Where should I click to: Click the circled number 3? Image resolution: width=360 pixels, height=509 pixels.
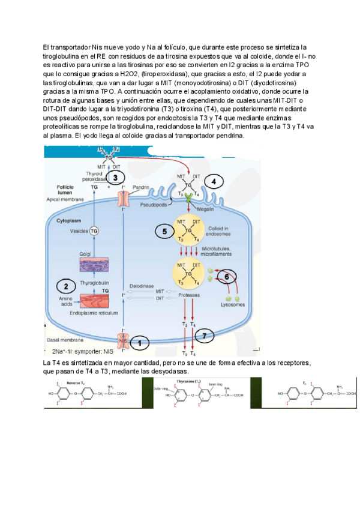pos(115,177)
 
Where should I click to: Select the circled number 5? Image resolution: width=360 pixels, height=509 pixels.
pos(164,230)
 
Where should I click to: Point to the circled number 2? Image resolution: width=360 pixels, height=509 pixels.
pos(66,286)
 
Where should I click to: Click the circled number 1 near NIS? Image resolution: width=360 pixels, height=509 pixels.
pos(140,343)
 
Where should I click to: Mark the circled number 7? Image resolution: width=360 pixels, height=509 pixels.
pos(205,336)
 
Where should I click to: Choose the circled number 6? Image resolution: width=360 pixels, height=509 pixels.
pos(227,276)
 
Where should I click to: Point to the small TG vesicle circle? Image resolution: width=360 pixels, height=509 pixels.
pos(93,230)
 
